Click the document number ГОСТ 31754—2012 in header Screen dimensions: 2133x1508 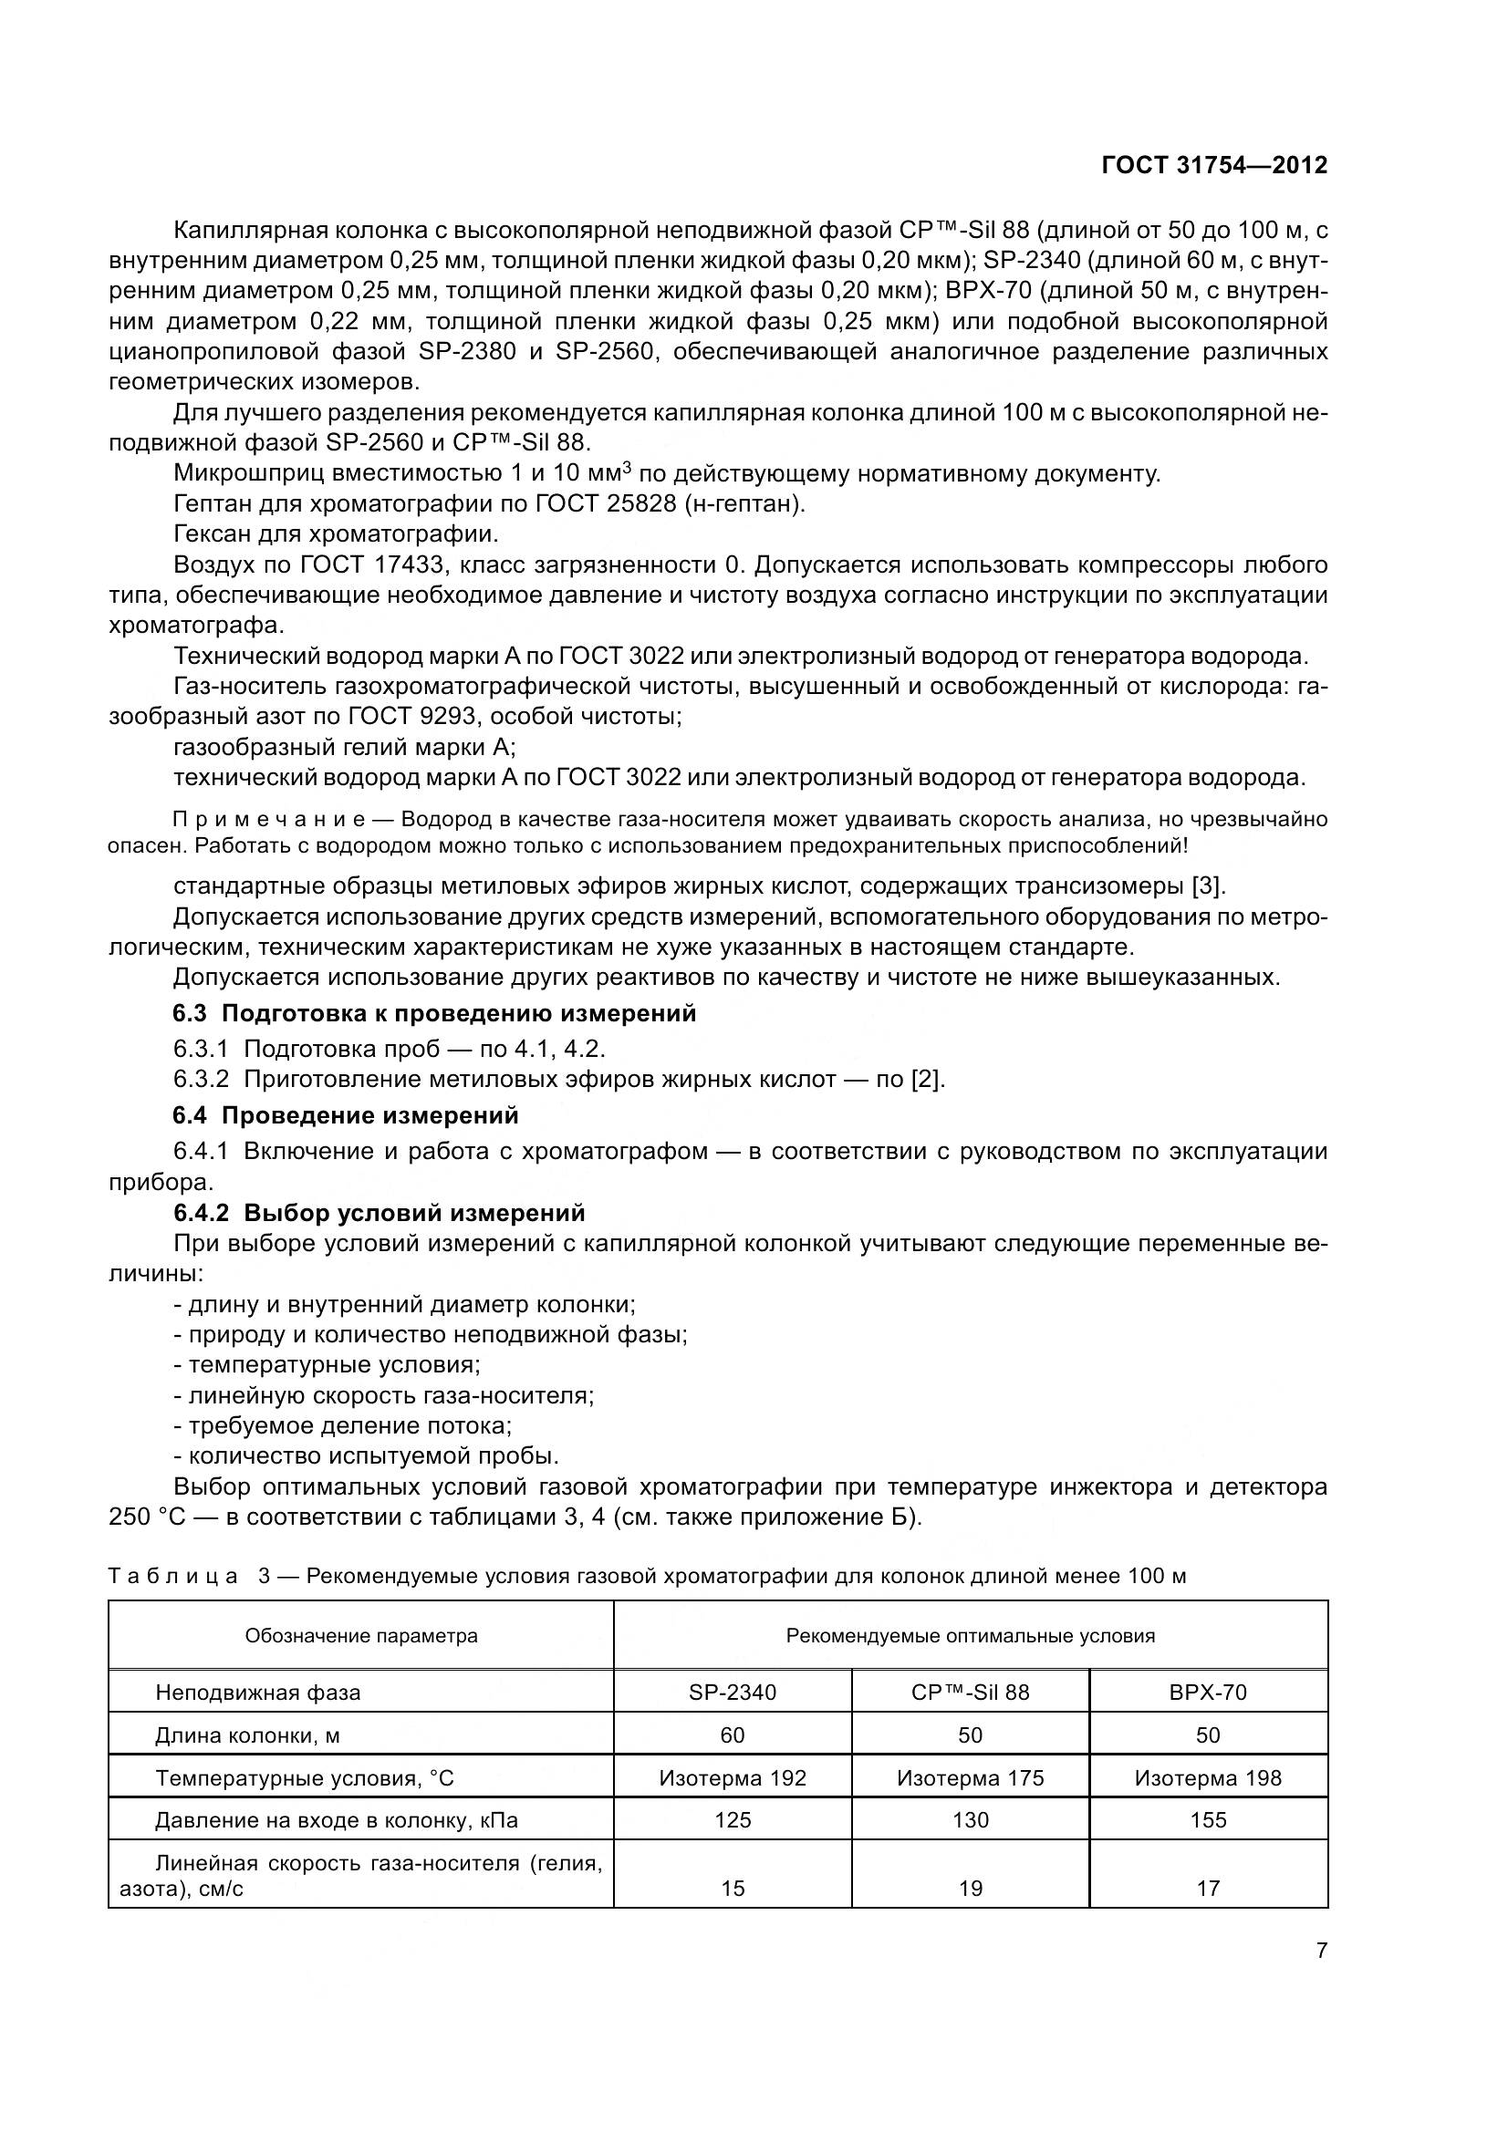click(x=1213, y=165)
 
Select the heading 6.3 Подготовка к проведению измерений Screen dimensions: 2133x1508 click(x=435, y=1013)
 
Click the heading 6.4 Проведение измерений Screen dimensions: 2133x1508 click(x=346, y=1114)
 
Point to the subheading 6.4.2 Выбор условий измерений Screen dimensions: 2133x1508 click(x=380, y=1213)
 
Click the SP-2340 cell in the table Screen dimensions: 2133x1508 click(x=733, y=1692)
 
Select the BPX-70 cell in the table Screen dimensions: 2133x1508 click(x=1207, y=1692)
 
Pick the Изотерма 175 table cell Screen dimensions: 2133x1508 click(x=970, y=1778)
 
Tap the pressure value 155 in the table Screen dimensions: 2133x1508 click(x=1208, y=1820)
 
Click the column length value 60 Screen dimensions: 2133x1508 click(x=733, y=1735)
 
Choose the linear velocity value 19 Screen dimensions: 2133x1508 click(x=970, y=1888)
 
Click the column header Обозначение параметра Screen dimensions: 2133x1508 click(x=360, y=1635)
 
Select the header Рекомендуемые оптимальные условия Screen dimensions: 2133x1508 click(x=970, y=1635)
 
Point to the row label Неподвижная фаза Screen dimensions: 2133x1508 click(x=257, y=1693)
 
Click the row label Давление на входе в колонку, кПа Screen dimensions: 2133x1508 click(x=336, y=1821)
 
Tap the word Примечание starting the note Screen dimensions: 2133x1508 click(x=268, y=820)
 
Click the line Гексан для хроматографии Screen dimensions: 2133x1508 click(x=336, y=535)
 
